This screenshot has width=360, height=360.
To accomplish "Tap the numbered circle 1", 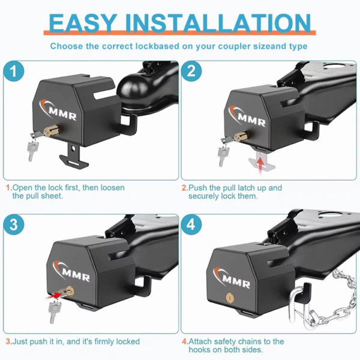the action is click(14, 71).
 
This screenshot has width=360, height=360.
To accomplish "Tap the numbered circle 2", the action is click(191, 71).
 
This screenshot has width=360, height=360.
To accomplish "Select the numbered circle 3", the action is click(14, 224).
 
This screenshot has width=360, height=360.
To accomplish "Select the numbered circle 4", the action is click(191, 224).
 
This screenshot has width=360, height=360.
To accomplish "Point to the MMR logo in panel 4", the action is click(232, 278).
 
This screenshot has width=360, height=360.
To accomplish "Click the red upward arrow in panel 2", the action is click(260, 164).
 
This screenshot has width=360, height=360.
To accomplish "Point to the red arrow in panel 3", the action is click(53, 296).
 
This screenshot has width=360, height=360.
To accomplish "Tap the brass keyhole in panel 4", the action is click(230, 298).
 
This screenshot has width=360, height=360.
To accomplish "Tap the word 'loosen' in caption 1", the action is click(113, 188).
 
